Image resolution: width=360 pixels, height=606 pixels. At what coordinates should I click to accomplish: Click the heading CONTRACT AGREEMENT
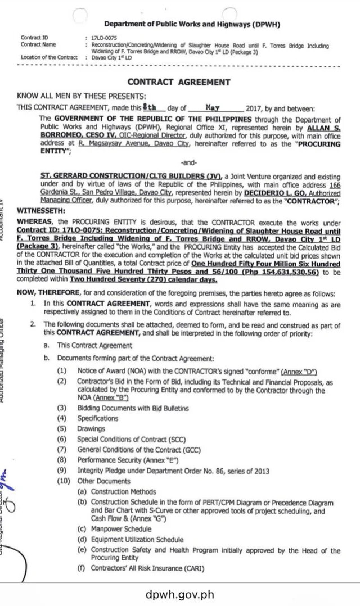[x=179, y=82]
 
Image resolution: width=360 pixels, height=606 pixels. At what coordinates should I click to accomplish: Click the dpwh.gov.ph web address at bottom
[x=180, y=594]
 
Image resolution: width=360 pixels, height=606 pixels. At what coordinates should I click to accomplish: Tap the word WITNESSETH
[x=40, y=209]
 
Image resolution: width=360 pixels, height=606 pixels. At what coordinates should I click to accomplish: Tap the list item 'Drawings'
[x=91, y=429]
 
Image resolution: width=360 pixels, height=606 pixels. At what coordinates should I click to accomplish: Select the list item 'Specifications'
[x=97, y=418]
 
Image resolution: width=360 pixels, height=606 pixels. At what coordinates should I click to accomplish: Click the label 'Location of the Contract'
[x=48, y=57]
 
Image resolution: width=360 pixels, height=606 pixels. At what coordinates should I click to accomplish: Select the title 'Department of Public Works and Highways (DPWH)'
[x=192, y=24]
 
